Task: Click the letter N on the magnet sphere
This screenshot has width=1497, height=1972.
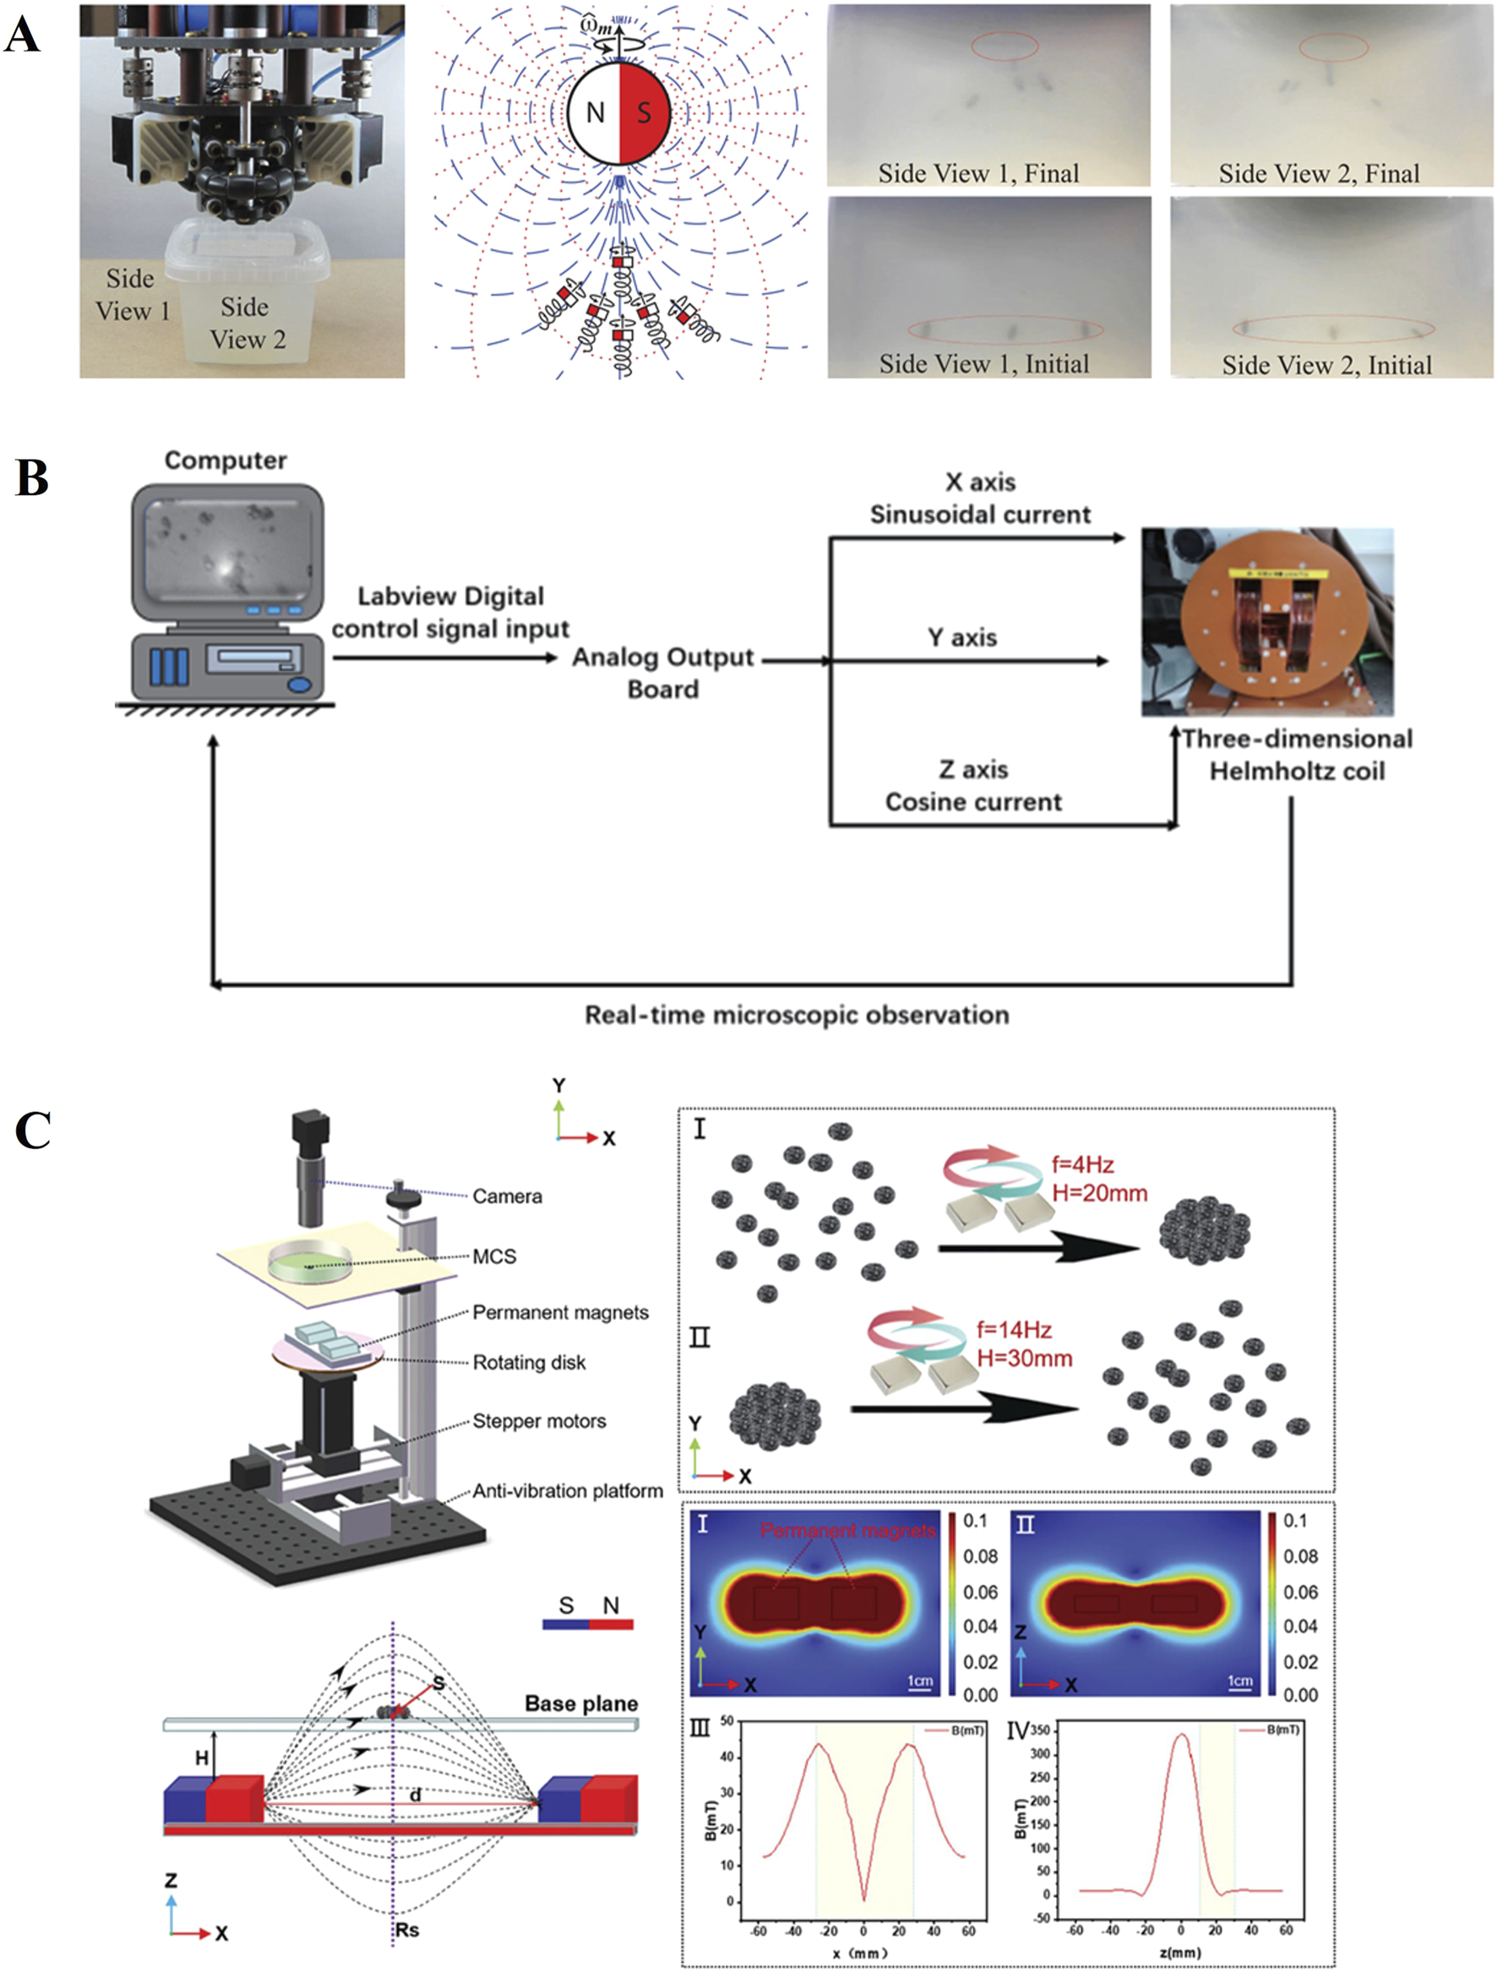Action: [x=596, y=113]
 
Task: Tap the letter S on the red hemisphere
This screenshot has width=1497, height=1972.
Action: [x=644, y=113]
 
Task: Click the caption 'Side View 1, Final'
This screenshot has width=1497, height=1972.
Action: [x=978, y=173]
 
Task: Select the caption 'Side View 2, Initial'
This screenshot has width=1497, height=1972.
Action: [x=1326, y=365]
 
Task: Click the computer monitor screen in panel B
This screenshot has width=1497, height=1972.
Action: [x=227, y=552]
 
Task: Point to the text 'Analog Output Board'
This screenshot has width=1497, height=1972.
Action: [x=662, y=673]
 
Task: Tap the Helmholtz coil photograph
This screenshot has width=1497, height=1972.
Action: [x=1267, y=621]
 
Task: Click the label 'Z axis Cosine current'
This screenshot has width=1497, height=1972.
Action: [x=972, y=786]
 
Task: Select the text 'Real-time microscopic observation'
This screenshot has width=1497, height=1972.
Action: [x=796, y=1016]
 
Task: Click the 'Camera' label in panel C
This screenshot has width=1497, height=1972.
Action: [x=506, y=1196]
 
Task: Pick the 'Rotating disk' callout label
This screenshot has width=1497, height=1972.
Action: [x=529, y=1362]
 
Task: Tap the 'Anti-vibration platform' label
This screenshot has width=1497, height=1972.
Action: [x=567, y=1490]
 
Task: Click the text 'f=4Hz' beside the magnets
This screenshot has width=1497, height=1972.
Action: [x=1082, y=1164]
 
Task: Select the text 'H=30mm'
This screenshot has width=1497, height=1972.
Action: [x=1025, y=1359]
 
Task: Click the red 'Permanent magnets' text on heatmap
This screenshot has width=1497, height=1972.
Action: [x=848, y=1531]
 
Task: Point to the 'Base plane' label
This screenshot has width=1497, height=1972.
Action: [x=580, y=1703]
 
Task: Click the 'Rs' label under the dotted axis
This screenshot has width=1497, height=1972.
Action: [x=406, y=1930]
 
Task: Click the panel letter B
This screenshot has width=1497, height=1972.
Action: [x=32, y=478]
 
